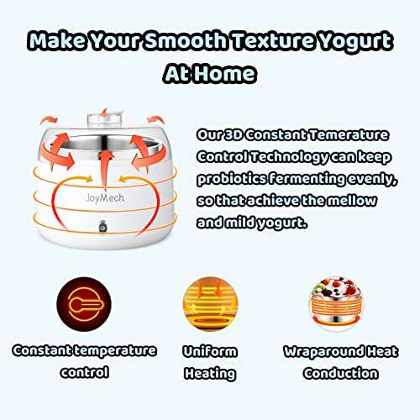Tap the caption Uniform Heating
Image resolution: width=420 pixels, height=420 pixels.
click(209, 360)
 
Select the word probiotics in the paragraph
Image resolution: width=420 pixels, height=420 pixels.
click(232, 178)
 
